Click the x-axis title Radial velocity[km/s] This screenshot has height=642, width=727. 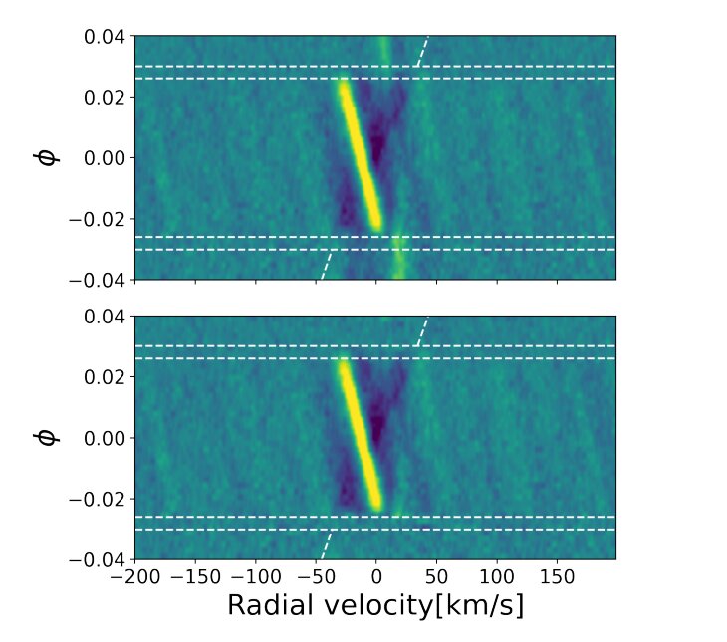[x=374, y=605]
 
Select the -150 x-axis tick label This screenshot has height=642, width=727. [x=195, y=576]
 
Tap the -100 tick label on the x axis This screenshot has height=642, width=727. [x=256, y=576]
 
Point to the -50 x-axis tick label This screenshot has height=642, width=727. [x=317, y=576]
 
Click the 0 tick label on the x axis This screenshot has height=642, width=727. [x=376, y=576]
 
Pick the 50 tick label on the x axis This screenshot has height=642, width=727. [x=436, y=576]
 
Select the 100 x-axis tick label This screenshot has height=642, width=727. [x=496, y=576]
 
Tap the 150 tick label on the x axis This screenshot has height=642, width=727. [x=557, y=576]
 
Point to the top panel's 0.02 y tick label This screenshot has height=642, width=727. [x=104, y=97]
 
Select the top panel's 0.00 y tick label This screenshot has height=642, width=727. [x=104, y=157]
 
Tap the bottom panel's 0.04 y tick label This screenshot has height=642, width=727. [x=104, y=317]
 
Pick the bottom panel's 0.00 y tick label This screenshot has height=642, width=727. [x=104, y=438]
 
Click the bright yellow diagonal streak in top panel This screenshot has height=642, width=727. [x=359, y=154]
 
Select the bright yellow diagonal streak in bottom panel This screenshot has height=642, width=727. [x=359, y=435]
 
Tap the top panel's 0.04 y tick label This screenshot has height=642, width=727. [x=104, y=36]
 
